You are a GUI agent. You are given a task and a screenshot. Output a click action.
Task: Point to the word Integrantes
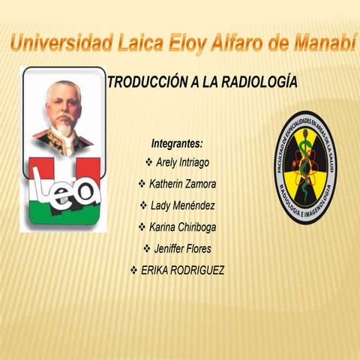coord(177,142)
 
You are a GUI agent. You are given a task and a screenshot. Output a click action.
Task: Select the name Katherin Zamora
coord(183,184)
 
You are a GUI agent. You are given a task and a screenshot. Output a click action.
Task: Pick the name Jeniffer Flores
coord(183,248)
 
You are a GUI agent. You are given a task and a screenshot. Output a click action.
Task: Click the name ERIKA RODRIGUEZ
coord(182,270)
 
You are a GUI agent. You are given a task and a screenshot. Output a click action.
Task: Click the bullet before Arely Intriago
coord(148,162)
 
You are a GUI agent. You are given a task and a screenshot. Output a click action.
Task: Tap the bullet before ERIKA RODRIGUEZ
coord(133,270)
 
